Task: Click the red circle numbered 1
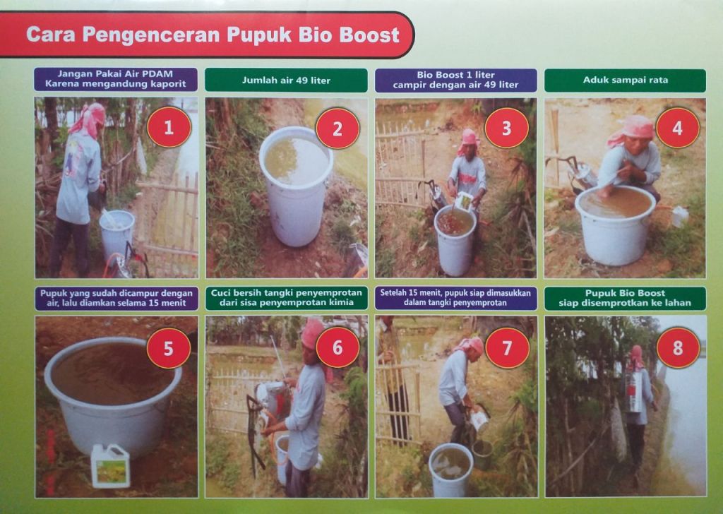tap(169, 127)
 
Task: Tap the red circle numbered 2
tap(337, 128)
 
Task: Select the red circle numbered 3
tap(506, 128)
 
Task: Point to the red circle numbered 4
tap(677, 128)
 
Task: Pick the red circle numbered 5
tap(168, 348)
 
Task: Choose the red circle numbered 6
tap(337, 347)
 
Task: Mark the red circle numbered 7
tap(507, 347)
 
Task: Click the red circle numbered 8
tap(678, 347)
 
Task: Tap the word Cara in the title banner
tap(50, 35)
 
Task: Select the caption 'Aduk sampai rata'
tap(626, 80)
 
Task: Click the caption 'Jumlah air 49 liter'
tap(286, 80)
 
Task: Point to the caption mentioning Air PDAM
tap(115, 79)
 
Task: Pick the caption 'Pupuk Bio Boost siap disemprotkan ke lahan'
tap(625, 298)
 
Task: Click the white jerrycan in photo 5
tap(110, 465)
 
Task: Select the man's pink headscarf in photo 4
tap(631, 129)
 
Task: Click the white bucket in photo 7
tap(450, 470)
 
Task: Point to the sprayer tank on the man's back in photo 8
tap(635, 391)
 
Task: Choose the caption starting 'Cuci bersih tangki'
tap(287, 298)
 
